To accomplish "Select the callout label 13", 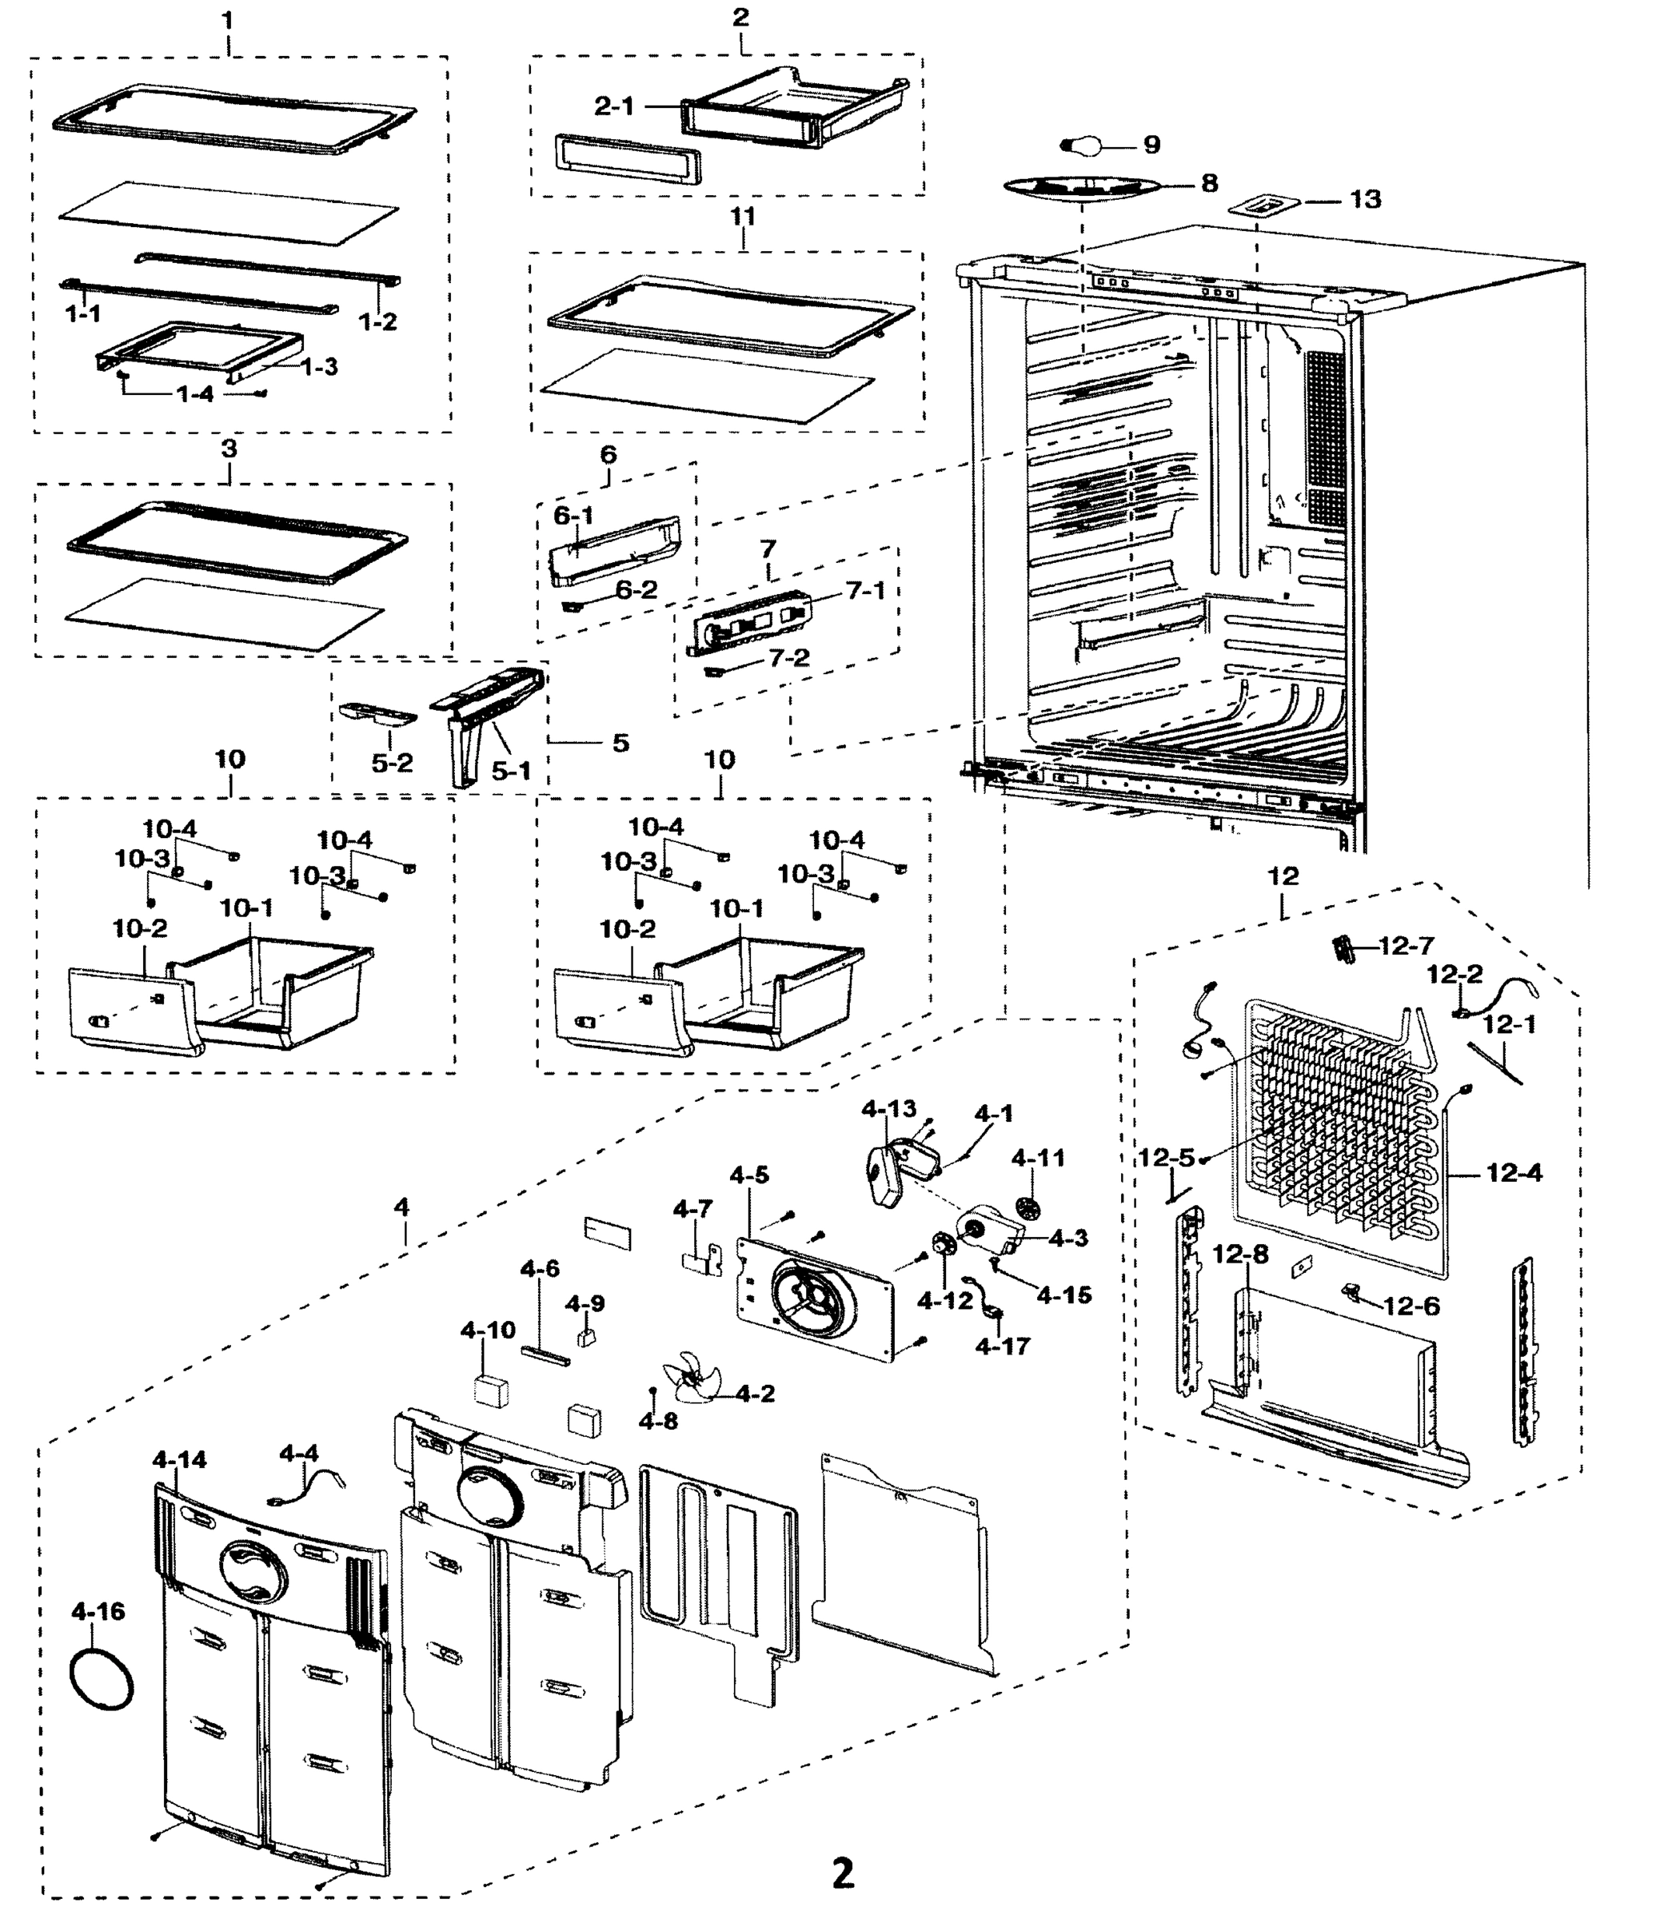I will (x=1364, y=199).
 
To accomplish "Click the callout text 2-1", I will (x=614, y=106).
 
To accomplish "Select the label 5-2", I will (x=392, y=763).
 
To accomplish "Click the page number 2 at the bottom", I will (x=842, y=1873).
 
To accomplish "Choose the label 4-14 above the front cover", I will (x=180, y=1461).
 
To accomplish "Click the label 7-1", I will (x=866, y=590).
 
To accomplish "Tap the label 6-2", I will (x=636, y=590).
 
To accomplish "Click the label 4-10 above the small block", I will (x=488, y=1331).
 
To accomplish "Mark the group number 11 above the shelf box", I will (x=743, y=217).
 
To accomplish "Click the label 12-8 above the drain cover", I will (x=1241, y=1255).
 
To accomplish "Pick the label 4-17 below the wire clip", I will (x=1002, y=1346).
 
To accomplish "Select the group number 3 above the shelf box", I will (x=229, y=449).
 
